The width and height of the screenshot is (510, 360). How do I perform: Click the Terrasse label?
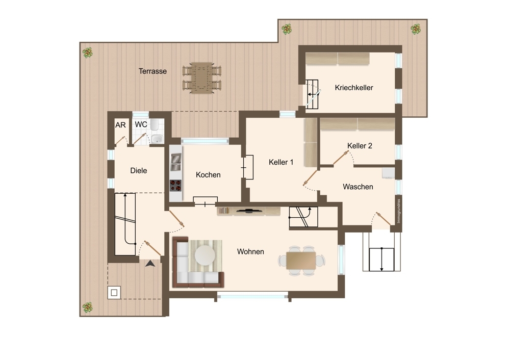click(x=152, y=71)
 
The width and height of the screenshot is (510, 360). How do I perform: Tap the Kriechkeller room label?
click(x=354, y=88)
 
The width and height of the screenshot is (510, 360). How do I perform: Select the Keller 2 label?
click(x=360, y=146)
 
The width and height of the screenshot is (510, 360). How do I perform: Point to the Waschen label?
click(x=358, y=187)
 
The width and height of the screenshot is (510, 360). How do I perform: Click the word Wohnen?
click(x=250, y=251)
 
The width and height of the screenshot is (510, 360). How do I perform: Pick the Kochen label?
click(x=208, y=174)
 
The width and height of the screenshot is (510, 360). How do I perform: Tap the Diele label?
click(x=139, y=170)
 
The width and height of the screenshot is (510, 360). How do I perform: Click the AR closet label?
click(x=120, y=125)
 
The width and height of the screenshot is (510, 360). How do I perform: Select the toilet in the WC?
click(x=155, y=125)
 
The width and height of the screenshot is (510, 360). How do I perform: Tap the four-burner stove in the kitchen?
click(x=175, y=186)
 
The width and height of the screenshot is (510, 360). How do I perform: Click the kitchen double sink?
click(x=176, y=162)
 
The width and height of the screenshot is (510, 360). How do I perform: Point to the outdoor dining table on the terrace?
click(x=202, y=78)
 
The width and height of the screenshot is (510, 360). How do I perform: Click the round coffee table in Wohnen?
click(x=205, y=254)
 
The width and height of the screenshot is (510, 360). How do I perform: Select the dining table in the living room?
click(x=301, y=261)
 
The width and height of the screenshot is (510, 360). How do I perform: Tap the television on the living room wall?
click(x=249, y=211)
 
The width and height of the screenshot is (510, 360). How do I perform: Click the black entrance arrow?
click(x=150, y=264)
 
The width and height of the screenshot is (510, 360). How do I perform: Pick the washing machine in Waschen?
click(x=388, y=173)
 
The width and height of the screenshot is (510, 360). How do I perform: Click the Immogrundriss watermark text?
click(x=399, y=211)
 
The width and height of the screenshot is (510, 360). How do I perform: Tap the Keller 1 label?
click(x=281, y=162)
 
